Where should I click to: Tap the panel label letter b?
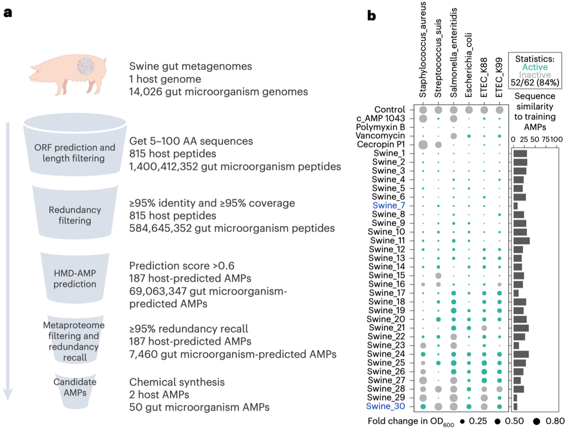click(371, 17)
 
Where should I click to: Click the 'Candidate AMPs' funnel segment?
click(75, 387)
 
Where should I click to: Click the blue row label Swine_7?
click(390, 206)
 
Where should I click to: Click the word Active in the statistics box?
click(535, 67)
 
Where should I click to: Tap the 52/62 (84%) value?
click(535, 84)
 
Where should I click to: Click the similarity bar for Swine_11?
click(522, 240)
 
